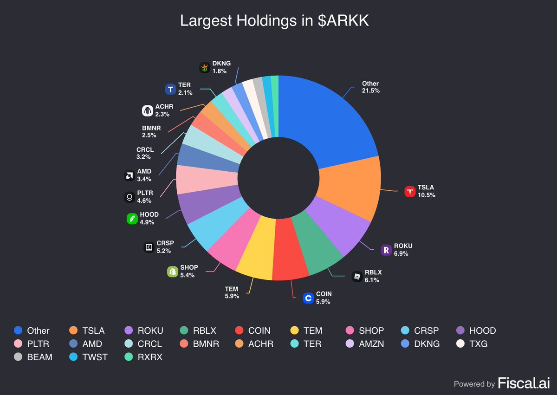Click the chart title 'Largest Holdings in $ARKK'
pyautogui.click(x=274, y=21)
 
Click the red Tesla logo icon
pyautogui.click(x=410, y=191)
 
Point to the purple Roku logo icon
pyautogui.click(x=386, y=250)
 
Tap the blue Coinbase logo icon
pyautogui.click(x=308, y=298)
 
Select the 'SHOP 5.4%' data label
pyautogui.click(x=189, y=271)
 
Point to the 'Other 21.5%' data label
pyautogui.click(x=371, y=87)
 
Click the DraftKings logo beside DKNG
pyautogui.click(x=205, y=68)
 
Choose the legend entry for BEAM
pyautogui.click(x=33, y=357)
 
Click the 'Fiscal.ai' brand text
pyautogui.click(x=524, y=383)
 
